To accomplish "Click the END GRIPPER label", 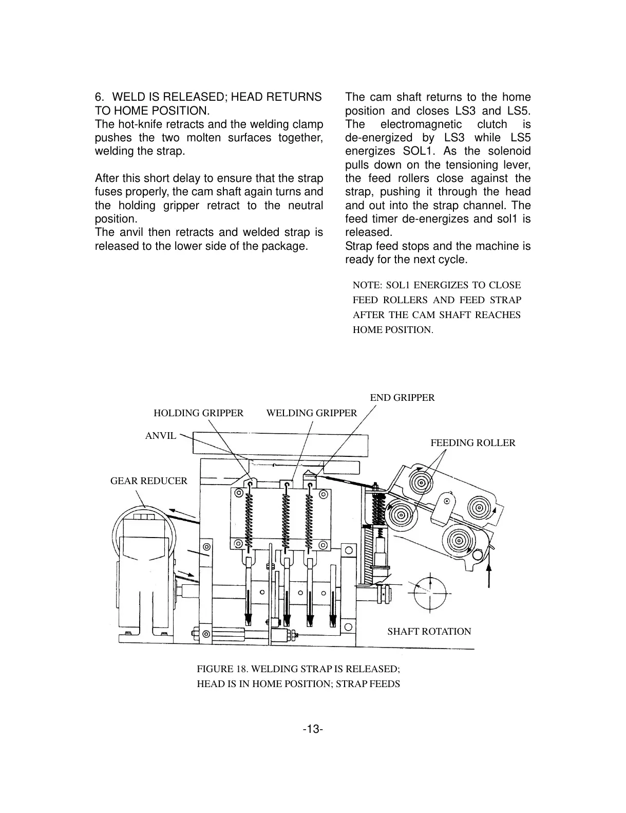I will point(402,398).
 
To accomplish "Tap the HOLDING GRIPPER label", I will point(198,413).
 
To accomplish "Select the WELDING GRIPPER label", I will point(311,413).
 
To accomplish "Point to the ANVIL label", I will point(161,436).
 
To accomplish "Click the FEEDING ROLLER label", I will point(472,443).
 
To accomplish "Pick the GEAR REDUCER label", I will point(149,481).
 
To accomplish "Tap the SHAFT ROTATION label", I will point(429,632).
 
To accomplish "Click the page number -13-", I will point(313,729).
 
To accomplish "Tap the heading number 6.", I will point(100,97).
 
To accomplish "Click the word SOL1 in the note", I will point(396,285).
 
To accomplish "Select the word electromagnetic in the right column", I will point(421,124).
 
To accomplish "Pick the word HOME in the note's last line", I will point(367,330).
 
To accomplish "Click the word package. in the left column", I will point(286,246).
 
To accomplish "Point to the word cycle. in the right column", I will point(452,260).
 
